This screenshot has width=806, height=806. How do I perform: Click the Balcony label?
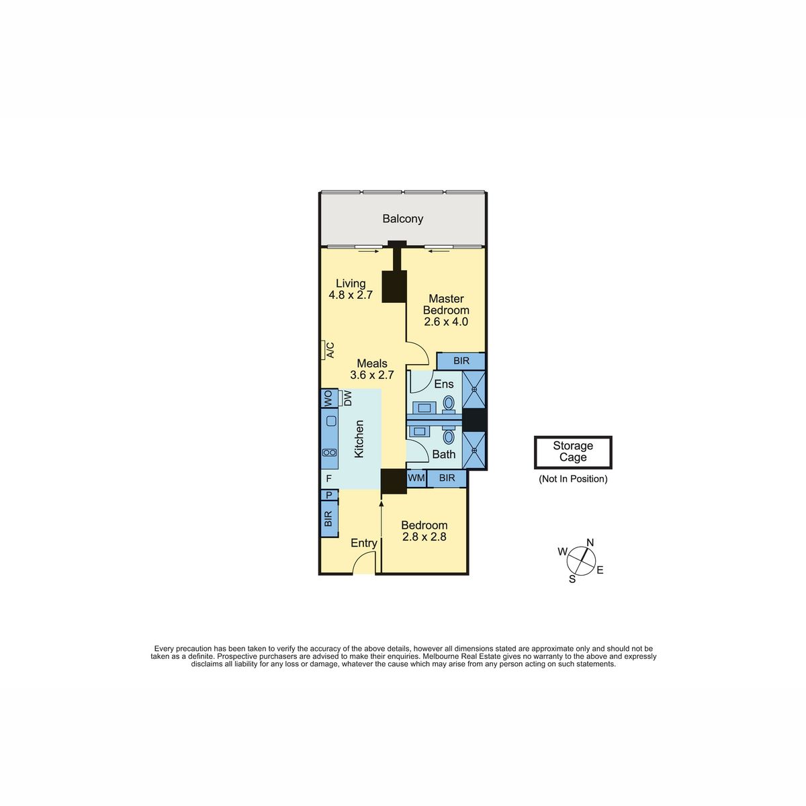[402, 219]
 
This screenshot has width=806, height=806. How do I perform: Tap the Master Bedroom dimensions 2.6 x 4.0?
[446, 322]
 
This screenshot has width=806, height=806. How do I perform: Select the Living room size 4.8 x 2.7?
[351, 295]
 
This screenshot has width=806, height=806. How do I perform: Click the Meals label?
[372, 363]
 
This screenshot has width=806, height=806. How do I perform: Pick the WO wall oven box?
[329, 398]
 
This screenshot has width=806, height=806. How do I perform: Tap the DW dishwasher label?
[347, 398]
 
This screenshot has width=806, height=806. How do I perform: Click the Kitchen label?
[359, 439]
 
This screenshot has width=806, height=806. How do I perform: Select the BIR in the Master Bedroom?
[461, 361]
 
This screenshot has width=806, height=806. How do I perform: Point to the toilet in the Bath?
[449, 437]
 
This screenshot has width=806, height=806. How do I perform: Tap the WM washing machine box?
[416, 478]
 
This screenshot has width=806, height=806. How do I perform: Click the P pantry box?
[329, 495]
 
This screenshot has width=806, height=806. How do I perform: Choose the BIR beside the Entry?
[329, 519]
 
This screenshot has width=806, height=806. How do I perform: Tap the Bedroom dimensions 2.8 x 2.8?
[424, 537]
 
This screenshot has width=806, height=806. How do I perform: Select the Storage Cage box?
[573, 452]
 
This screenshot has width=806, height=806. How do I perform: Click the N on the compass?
[590, 543]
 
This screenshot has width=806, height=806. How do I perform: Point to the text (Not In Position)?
[573, 479]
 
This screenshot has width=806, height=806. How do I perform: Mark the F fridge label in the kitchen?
[329, 478]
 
